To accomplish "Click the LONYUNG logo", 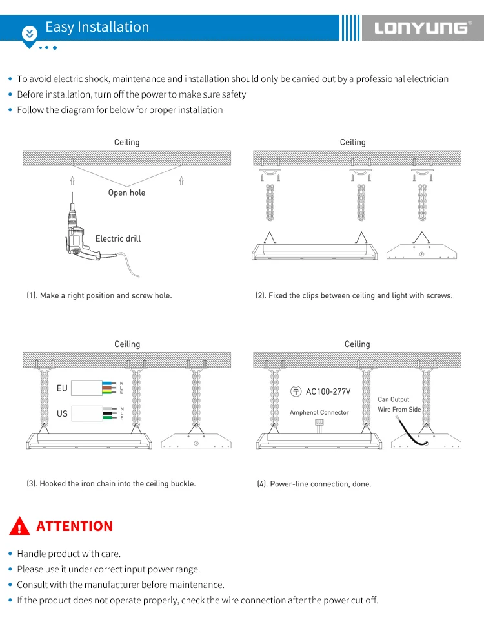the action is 420,27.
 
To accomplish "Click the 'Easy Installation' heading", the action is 97,27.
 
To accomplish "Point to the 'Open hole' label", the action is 126,193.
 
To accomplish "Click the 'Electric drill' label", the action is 118,238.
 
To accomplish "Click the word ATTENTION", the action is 75,526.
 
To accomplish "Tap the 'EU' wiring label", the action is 62,388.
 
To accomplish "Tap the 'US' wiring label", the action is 62,413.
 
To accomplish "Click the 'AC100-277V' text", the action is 328,391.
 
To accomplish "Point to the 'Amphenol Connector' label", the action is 319,412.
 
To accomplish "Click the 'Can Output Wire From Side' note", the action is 399,404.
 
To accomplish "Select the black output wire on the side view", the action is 414,434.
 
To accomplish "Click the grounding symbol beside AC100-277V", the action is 296,391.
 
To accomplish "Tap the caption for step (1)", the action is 99,295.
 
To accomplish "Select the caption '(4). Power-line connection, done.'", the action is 314,484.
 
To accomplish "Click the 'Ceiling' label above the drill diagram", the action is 126,142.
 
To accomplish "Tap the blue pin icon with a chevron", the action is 30,34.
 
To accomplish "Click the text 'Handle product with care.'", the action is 69,554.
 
